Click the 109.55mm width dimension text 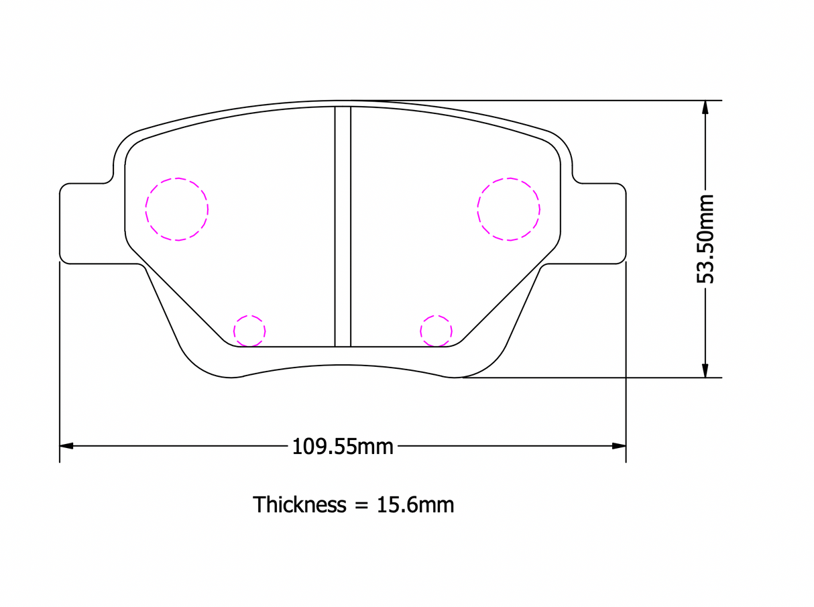coord(343,447)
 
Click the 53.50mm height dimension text coord(705,239)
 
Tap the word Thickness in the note coord(299,504)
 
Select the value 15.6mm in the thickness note coord(415,505)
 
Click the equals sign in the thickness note coord(361,506)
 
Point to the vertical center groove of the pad coord(343,227)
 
